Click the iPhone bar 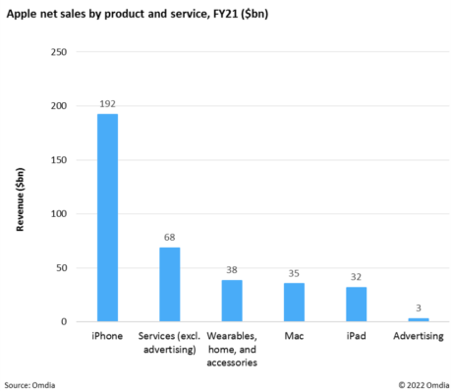coord(107,217)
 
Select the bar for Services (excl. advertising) coord(169,284)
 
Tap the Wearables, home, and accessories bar coord(232,301)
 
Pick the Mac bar coord(294,302)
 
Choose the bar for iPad coord(356,304)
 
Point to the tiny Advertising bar coord(419,319)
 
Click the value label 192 coord(107,103)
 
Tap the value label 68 coord(169,237)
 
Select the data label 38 coord(232,269)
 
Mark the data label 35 coord(294,272)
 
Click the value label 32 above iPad coord(356,276)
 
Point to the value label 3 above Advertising coord(419,307)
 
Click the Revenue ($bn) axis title coord(21,187)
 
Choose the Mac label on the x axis coord(294,337)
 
